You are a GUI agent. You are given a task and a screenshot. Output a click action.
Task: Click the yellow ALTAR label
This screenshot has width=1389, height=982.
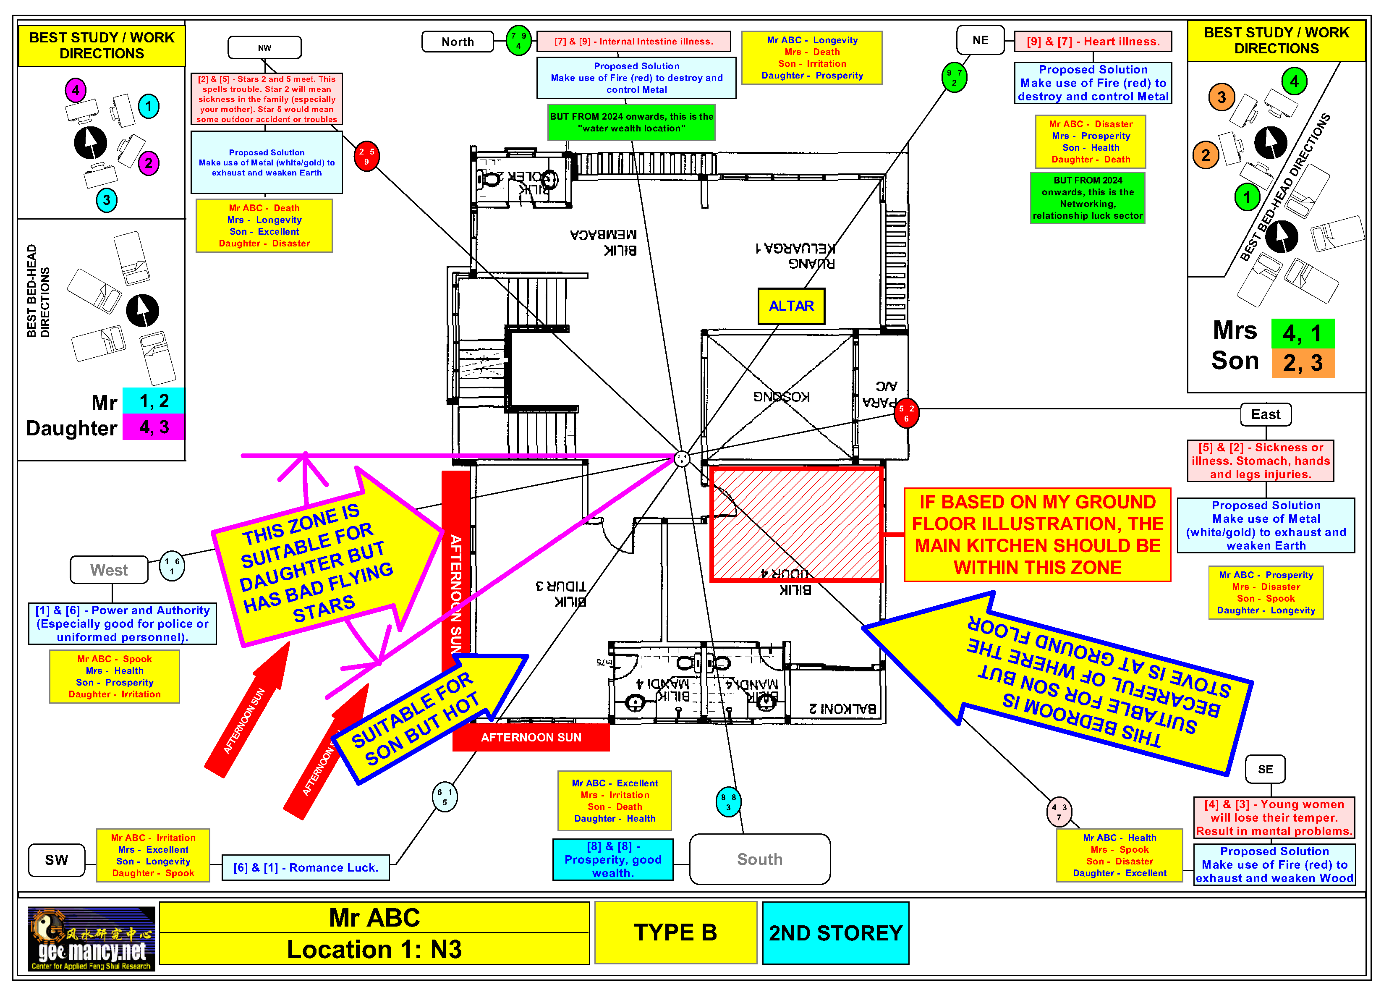(791, 306)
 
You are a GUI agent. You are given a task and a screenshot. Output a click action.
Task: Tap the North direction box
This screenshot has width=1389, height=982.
(458, 42)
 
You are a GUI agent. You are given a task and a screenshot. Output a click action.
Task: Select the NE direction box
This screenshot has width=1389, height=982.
(980, 40)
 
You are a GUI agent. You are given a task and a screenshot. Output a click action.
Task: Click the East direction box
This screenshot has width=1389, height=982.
(1266, 414)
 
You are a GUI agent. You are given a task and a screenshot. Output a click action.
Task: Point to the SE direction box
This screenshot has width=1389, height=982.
(1265, 769)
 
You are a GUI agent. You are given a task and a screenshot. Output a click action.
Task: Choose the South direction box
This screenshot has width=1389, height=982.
(759, 859)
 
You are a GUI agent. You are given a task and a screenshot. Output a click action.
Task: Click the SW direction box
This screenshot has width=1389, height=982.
(56, 860)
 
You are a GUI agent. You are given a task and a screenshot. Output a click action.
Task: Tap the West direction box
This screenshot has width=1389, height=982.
(109, 570)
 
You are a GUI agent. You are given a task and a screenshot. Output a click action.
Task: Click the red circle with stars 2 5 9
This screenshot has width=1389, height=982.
(366, 156)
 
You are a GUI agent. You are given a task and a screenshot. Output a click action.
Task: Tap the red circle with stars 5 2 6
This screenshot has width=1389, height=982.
(906, 413)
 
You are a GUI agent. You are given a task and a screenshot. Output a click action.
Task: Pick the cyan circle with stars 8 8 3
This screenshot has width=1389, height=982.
(728, 802)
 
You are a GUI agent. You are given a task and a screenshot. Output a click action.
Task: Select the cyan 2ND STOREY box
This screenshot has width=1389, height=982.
(835, 933)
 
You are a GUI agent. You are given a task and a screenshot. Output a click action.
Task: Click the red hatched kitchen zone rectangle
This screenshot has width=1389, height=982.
(796, 524)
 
